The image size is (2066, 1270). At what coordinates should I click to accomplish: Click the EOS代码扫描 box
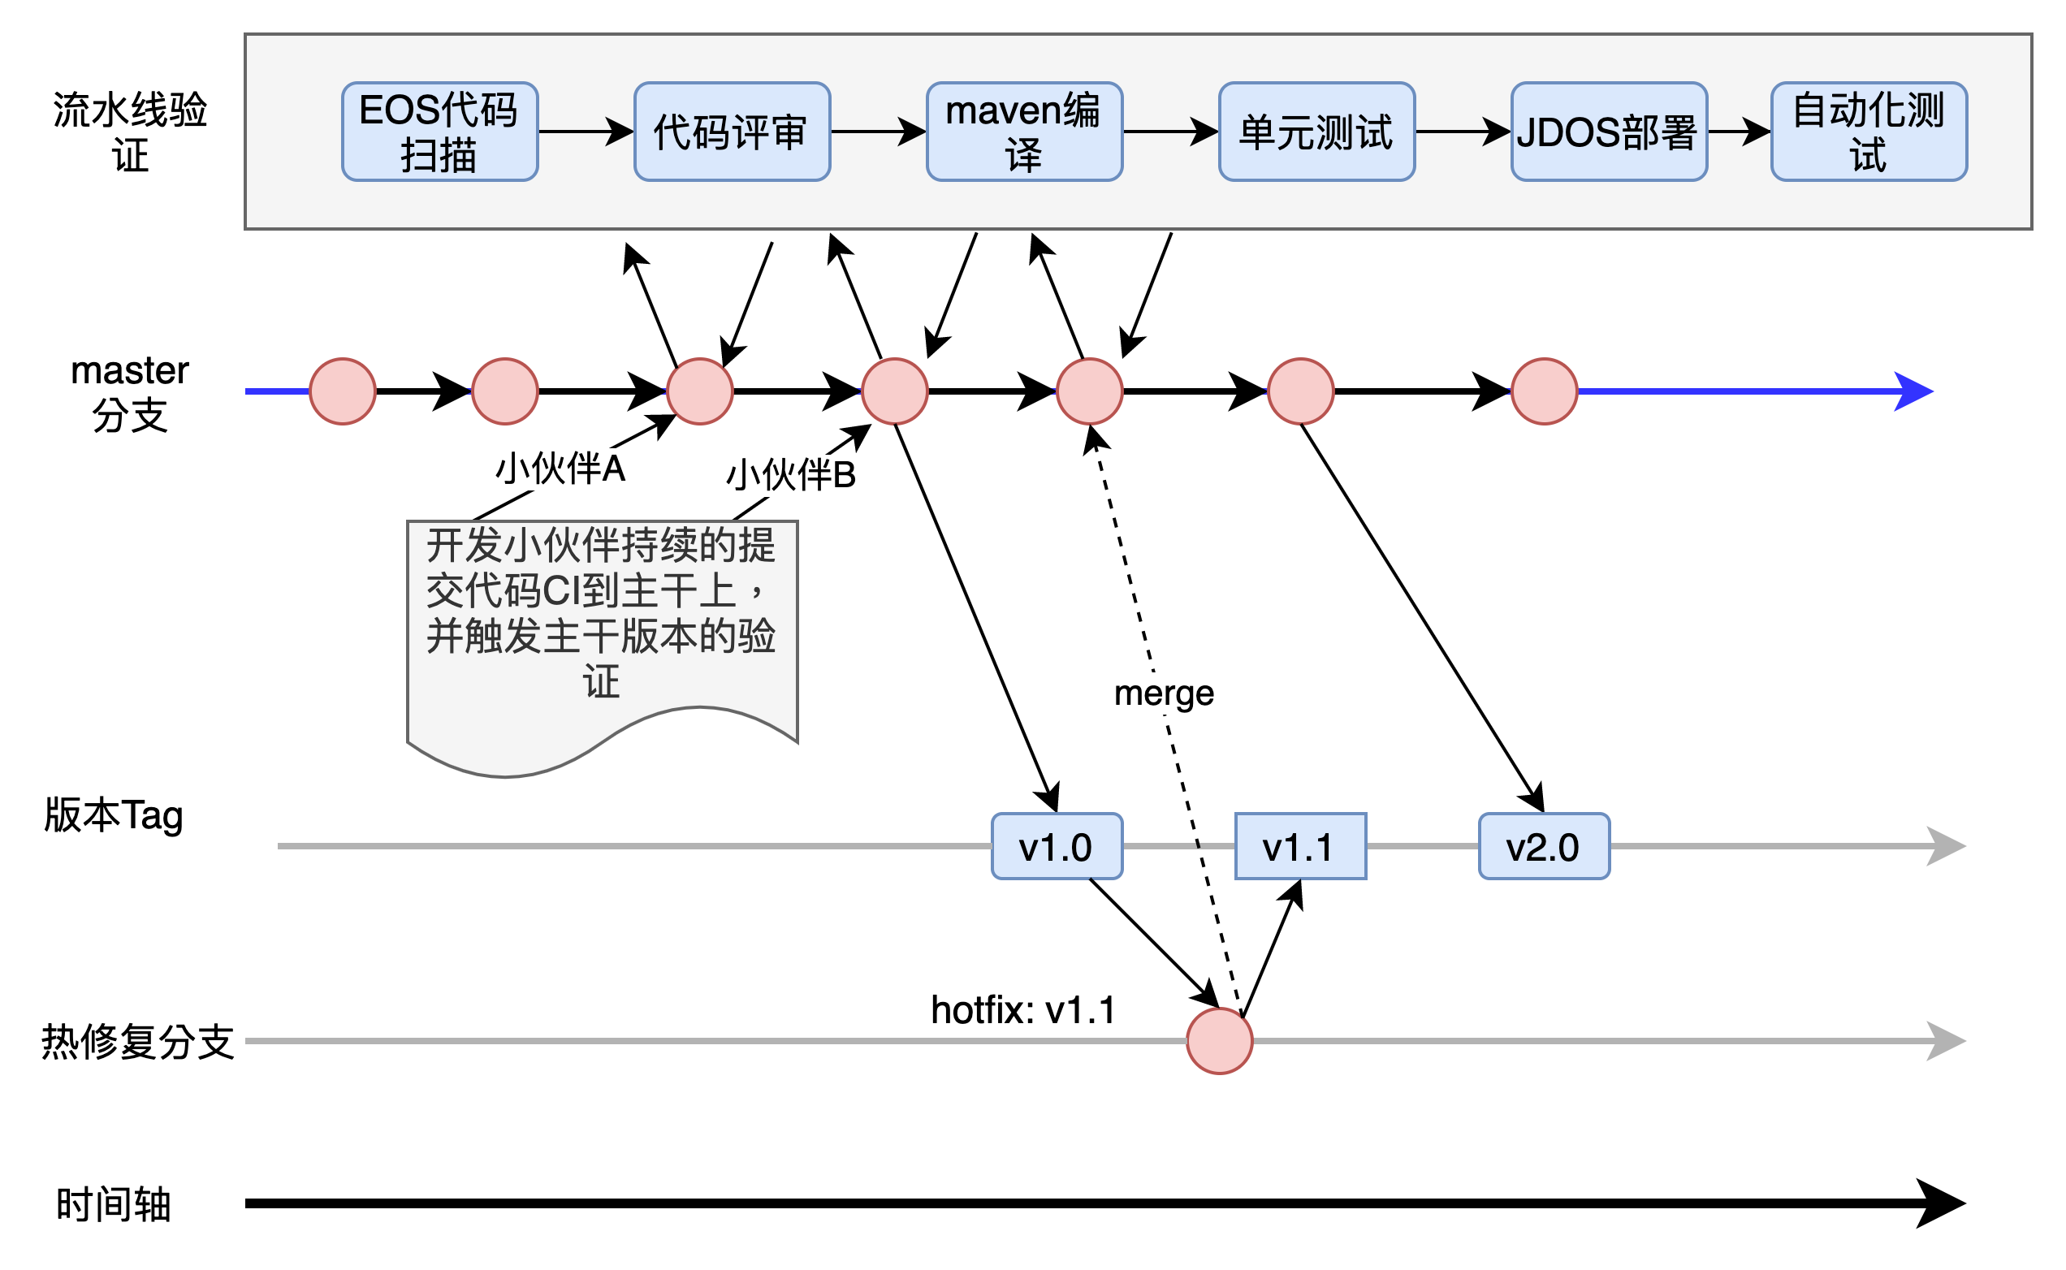[439, 132]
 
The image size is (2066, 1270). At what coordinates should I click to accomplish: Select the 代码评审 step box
[732, 132]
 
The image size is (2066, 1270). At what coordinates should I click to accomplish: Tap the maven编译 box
[1024, 132]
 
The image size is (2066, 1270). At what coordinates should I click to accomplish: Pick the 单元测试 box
[1316, 132]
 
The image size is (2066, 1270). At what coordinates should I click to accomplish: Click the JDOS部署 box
[1608, 132]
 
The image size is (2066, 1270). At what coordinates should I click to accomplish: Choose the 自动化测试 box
[1869, 132]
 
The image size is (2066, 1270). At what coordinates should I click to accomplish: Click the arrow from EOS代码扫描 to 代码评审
[586, 132]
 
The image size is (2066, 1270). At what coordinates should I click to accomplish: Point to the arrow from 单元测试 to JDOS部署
[1462, 132]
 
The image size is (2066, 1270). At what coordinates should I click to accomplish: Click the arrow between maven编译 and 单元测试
[1170, 132]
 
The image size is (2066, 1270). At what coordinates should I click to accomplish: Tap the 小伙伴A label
[560, 469]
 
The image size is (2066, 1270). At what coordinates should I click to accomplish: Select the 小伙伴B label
[790, 475]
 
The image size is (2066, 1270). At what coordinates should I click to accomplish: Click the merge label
[1164, 693]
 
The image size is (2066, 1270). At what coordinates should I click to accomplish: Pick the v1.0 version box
[1057, 847]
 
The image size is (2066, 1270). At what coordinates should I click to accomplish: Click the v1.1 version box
[1300, 847]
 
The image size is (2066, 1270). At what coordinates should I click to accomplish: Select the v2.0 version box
[1544, 847]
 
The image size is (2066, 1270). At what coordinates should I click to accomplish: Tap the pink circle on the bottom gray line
[1220, 1042]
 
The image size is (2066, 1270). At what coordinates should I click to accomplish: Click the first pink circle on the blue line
[343, 391]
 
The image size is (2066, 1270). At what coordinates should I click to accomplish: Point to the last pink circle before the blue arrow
[1544, 391]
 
